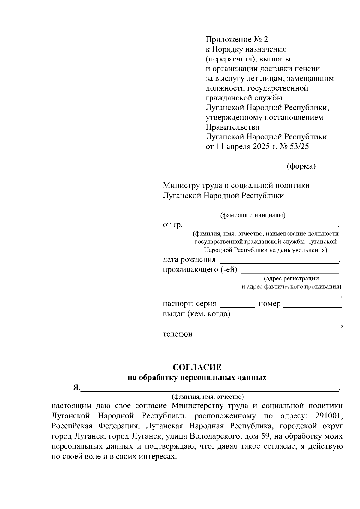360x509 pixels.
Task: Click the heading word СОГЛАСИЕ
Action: [x=197, y=367]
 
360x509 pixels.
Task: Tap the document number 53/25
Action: [x=298, y=147]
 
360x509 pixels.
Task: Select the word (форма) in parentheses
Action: [x=301, y=166]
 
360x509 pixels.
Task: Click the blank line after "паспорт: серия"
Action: [x=237, y=307]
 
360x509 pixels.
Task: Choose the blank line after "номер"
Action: [x=312, y=307]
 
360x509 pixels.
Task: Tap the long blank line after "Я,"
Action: [x=209, y=391]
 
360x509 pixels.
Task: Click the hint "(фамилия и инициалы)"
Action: [x=253, y=215]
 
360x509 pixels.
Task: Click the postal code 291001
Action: [x=329, y=416]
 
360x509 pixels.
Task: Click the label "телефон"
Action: [x=178, y=334]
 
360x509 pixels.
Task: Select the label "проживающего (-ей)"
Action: [x=200, y=270]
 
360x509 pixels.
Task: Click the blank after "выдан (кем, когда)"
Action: [x=289, y=317]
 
